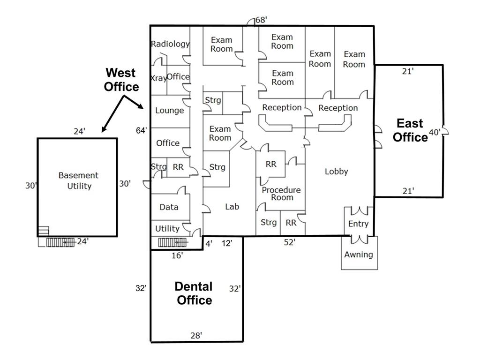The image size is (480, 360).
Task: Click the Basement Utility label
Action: pyautogui.click(x=78, y=180)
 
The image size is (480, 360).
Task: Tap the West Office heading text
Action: pyautogui.click(x=121, y=80)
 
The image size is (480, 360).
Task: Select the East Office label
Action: pyautogui.click(x=410, y=130)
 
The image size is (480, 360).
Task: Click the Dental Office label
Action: pyautogui.click(x=194, y=293)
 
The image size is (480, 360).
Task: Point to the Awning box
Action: pyautogui.click(x=359, y=255)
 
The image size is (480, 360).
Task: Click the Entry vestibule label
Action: pyautogui.click(x=358, y=224)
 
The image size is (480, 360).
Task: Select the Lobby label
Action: pyautogui.click(x=336, y=172)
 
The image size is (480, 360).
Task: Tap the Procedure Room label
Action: pyautogui.click(x=281, y=194)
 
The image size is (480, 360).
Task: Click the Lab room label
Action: pyautogui.click(x=232, y=206)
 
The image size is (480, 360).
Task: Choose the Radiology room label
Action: pyautogui.click(x=170, y=44)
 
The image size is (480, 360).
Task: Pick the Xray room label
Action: pyautogui.click(x=158, y=78)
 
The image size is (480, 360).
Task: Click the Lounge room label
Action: pyautogui.click(x=169, y=111)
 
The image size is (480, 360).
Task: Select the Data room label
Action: pyautogui.click(x=169, y=207)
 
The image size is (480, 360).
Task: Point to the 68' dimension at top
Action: pyautogui.click(x=262, y=20)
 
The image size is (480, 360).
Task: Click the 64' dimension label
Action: pyautogui.click(x=142, y=131)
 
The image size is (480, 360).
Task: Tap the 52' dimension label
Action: pyautogui.click(x=289, y=242)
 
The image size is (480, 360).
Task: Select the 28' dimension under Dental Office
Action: pyautogui.click(x=196, y=335)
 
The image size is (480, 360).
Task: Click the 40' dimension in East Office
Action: pyautogui.click(x=434, y=133)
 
